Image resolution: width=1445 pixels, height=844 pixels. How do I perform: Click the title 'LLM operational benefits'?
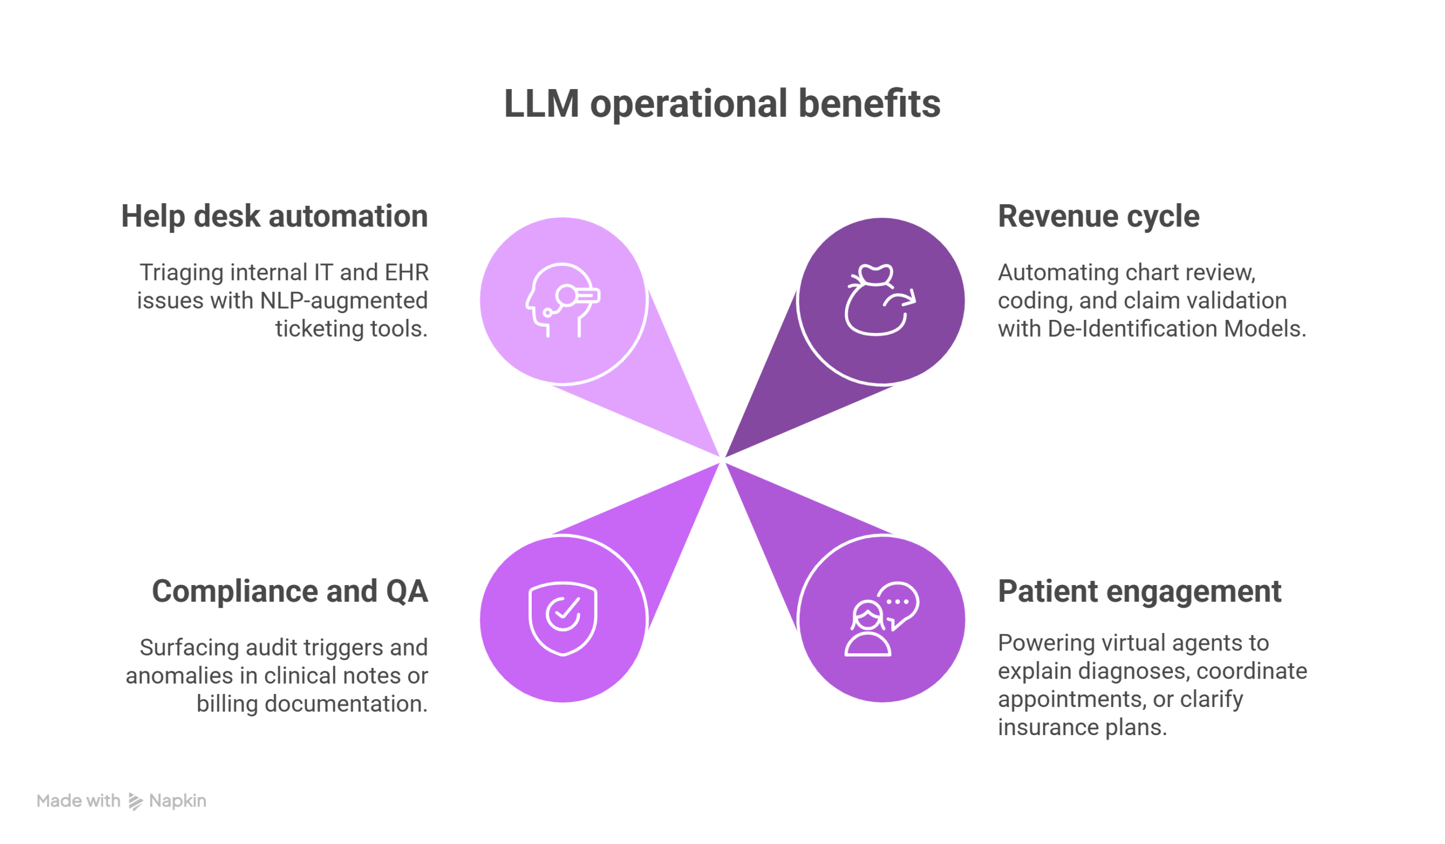722,104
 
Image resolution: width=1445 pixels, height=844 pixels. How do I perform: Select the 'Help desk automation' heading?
274,217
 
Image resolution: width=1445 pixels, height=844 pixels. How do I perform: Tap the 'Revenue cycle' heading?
1098,217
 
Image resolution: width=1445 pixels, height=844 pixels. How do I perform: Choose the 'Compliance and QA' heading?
290,591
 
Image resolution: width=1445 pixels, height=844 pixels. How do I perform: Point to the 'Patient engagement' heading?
1139,591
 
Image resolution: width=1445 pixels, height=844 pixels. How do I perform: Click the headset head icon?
562,299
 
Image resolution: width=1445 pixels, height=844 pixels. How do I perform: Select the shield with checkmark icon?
563,618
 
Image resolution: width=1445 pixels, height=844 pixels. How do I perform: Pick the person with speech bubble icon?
881,619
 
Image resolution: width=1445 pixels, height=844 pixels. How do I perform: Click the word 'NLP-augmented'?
344,301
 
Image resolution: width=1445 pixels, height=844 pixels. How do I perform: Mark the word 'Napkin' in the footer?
177,801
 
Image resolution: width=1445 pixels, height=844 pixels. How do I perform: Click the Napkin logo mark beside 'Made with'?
135,802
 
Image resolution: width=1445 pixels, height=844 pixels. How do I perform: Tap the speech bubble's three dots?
897,601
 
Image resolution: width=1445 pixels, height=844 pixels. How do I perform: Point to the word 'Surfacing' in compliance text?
189,648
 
